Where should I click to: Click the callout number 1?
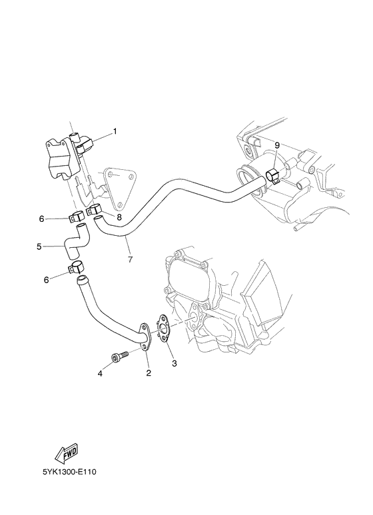point(114,131)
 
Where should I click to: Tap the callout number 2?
point(148,372)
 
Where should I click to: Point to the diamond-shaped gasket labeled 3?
point(163,328)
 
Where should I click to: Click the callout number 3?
point(175,363)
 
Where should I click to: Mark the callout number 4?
point(100,374)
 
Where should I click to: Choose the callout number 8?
point(119,217)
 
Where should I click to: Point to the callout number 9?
point(276,145)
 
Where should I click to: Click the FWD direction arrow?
point(66,456)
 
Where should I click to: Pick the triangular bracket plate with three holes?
point(121,187)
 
